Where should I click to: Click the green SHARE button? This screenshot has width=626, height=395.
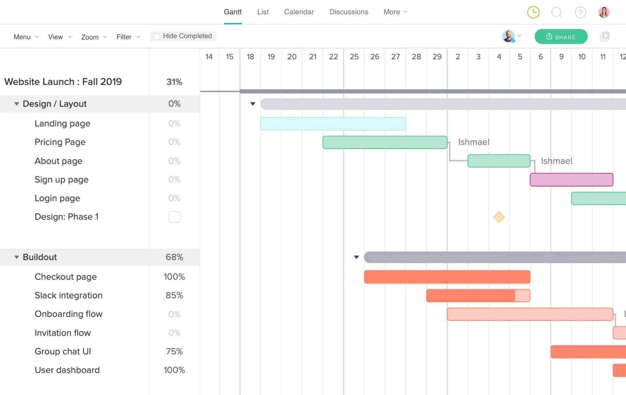point(561,37)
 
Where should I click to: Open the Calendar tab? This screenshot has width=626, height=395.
point(299,12)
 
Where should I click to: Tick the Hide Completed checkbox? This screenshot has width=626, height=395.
point(157,36)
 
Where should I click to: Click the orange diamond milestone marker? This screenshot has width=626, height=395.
point(499,217)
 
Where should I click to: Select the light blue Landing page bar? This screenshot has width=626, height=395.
point(333,124)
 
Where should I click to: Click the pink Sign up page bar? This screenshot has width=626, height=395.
point(571,180)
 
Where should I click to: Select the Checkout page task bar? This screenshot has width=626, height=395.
point(447,277)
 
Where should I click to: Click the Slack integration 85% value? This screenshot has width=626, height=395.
point(174,295)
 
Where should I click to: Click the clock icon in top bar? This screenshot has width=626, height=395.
point(533,12)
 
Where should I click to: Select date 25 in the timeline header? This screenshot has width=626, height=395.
point(354,57)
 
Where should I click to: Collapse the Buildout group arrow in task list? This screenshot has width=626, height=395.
point(16,257)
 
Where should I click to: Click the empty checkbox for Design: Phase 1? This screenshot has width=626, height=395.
point(174,217)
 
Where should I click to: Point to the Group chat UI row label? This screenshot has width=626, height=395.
point(63,351)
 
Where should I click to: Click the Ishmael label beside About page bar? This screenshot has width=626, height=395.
point(556,161)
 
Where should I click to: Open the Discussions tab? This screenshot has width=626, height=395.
point(348,12)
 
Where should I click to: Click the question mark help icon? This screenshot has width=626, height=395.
point(580,12)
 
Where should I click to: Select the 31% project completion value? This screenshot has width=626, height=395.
point(174,82)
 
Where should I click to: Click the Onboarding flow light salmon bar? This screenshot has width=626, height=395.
point(530,314)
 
